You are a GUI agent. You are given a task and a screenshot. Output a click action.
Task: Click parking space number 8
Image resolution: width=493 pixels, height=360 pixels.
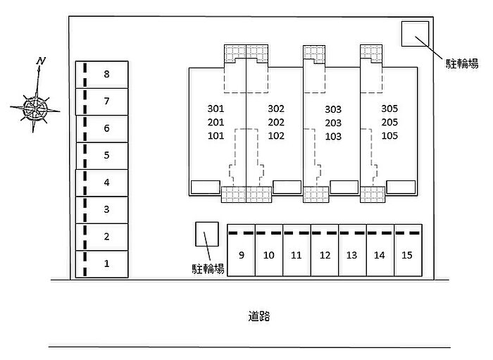pos(106,74)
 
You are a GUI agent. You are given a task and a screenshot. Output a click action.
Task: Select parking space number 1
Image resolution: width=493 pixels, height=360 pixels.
pos(106,264)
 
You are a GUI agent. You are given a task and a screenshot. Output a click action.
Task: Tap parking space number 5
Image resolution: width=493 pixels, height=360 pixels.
pos(106,155)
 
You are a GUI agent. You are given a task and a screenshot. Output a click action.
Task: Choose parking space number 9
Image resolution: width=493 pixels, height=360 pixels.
pos(241,254)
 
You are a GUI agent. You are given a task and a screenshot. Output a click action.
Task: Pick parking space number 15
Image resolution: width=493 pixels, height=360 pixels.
pos(406,254)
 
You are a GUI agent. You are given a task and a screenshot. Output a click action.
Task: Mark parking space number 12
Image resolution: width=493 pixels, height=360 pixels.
pos(325,254)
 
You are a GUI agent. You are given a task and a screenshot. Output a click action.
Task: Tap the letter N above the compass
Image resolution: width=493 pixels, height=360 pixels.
pos(42,61)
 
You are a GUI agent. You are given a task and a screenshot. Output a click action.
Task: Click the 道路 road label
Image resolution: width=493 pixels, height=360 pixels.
pos(258,316)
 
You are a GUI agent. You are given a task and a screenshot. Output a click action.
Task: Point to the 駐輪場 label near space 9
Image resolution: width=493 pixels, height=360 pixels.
pos(208,268)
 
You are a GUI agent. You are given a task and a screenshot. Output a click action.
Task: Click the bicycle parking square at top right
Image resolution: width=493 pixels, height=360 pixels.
pos(414,33)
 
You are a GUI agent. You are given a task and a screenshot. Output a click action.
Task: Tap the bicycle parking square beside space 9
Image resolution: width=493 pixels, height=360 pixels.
pos(207,234)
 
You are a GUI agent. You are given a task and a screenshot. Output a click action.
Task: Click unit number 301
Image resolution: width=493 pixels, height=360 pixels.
pos(216,109)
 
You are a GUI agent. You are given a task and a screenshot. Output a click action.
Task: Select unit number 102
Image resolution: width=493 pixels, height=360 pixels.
pos(276,136)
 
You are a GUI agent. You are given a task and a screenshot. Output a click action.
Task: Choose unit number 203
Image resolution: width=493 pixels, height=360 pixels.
pos(333,123)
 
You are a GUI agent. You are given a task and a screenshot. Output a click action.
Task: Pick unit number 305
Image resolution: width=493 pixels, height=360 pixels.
pos(389,109)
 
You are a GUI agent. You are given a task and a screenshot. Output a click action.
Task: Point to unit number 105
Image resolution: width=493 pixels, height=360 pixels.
pos(389,136)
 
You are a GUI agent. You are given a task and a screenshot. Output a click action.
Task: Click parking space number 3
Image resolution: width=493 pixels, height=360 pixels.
pos(106,209)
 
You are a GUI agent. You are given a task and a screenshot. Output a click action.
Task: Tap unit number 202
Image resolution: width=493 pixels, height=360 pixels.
pos(276,123)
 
